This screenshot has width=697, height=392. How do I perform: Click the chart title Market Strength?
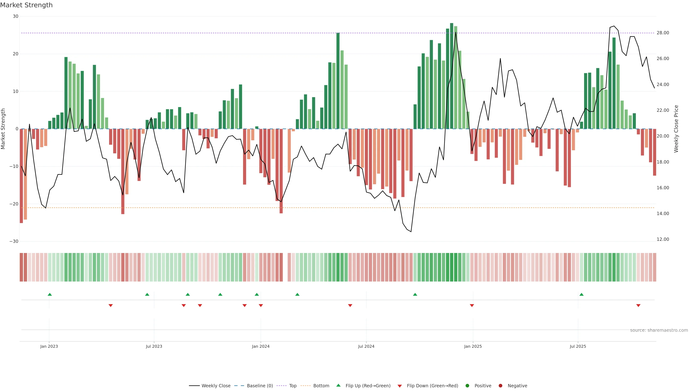(26, 5)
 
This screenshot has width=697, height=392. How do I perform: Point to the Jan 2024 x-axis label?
(261, 346)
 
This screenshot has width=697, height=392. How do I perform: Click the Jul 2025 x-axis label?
(578, 346)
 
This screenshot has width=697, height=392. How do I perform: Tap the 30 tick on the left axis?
(15, 16)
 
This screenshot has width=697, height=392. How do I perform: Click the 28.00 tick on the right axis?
(663, 33)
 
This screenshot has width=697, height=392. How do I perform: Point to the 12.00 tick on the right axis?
(663, 239)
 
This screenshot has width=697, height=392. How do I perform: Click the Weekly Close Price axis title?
(676, 129)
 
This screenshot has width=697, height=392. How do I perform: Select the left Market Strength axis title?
(3, 129)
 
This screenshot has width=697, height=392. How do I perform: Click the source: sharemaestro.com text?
(659, 330)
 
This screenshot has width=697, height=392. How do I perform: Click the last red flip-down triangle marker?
(638, 305)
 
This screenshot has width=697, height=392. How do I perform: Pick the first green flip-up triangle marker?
(50, 294)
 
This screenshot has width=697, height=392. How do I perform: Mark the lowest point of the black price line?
(411, 232)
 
